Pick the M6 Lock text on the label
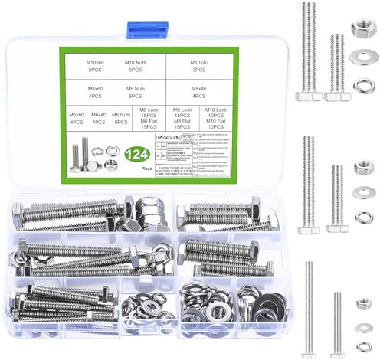pos(150,110)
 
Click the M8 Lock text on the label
pos(182,110)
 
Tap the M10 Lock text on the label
pos(217,110)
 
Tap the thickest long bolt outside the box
pos(308,50)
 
